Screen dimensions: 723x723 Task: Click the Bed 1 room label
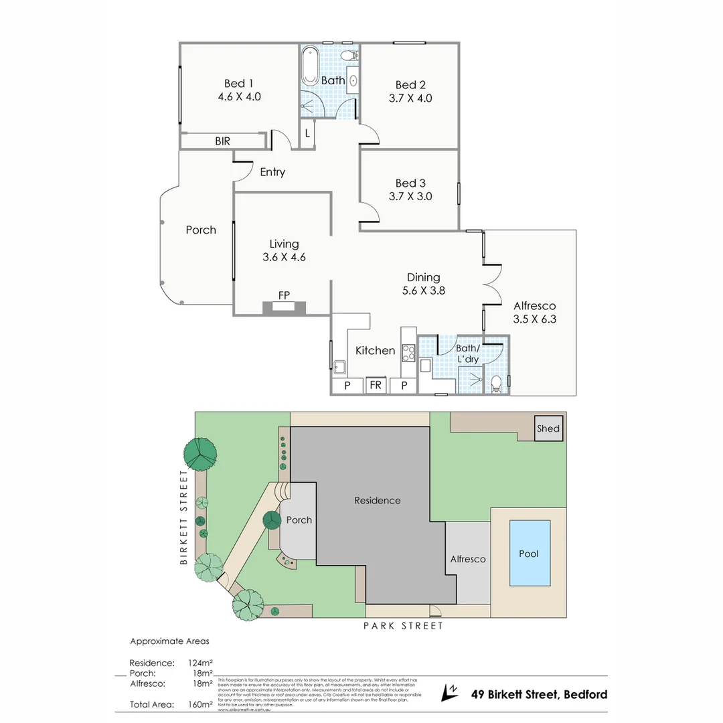239,84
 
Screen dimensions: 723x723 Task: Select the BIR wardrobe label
223,141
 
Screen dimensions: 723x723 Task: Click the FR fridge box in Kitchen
376,386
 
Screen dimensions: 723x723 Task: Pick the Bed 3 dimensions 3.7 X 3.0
410,197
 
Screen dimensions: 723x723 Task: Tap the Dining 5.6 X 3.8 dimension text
424,291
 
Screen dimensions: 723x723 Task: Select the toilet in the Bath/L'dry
496,384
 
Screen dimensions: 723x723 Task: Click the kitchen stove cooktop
407,352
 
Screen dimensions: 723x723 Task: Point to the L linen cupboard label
307,133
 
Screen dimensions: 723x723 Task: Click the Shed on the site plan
548,429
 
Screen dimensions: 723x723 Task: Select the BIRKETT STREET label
185,517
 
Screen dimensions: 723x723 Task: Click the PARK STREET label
403,626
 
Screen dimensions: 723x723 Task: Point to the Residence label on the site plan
377,501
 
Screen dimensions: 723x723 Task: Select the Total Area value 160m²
200,704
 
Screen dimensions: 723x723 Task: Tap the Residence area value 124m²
200,663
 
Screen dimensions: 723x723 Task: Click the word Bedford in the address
584,694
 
